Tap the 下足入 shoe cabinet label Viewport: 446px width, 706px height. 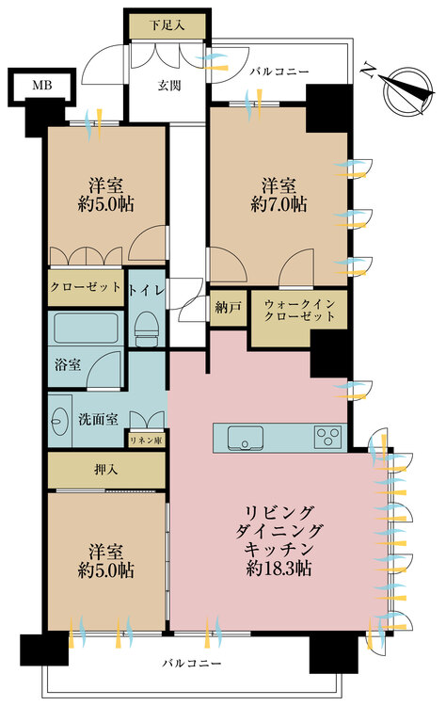(x=167, y=25)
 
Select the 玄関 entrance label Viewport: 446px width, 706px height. (x=169, y=85)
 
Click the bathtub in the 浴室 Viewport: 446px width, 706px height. (x=86, y=329)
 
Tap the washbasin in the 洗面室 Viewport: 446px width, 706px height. (x=60, y=421)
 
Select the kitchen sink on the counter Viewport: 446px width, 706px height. (x=246, y=438)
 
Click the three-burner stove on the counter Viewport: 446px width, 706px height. (x=327, y=437)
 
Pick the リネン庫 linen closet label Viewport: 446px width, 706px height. (x=146, y=441)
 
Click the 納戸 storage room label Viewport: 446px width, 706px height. (x=229, y=308)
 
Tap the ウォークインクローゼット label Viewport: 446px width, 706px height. (x=299, y=310)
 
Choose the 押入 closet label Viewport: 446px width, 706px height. (x=106, y=470)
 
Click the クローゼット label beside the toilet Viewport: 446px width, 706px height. (x=86, y=287)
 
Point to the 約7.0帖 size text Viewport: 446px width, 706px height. (x=279, y=205)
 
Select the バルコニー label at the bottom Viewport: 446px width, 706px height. (x=192, y=664)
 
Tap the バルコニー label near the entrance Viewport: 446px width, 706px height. (x=280, y=72)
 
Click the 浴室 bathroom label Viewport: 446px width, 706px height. (x=68, y=364)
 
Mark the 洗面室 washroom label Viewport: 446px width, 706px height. (x=98, y=420)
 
